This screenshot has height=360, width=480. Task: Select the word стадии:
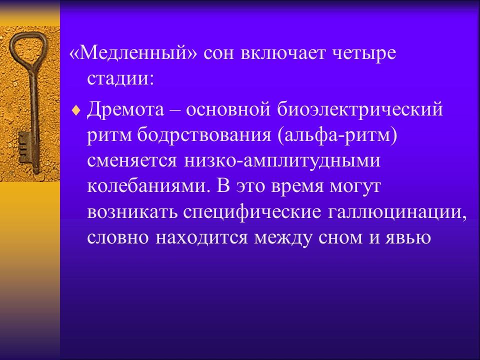(120, 78)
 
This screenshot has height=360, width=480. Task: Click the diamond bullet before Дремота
(75, 110)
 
